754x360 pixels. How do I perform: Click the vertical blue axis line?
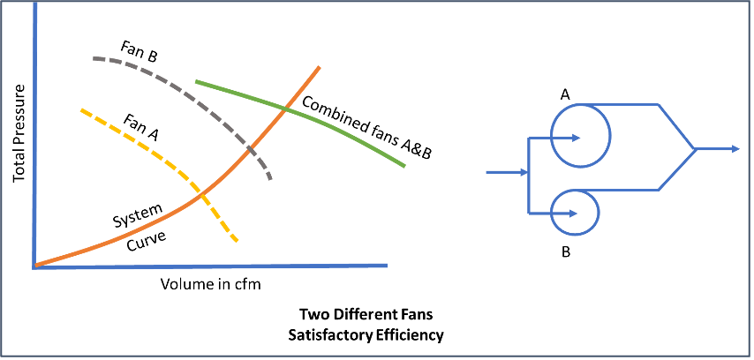point(34,132)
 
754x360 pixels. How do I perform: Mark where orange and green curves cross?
point(287,109)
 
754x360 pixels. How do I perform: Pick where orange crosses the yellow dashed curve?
point(202,194)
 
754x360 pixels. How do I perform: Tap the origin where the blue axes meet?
point(34,266)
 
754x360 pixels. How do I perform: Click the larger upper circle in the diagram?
point(581,135)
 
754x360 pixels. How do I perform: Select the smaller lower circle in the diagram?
point(575,213)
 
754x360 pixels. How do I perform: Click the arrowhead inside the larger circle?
point(575,138)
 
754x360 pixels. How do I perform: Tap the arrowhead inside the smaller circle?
point(573,214)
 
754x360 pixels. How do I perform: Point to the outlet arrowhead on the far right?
point(735,149)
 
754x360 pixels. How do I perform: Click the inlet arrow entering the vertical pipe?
point(508,172)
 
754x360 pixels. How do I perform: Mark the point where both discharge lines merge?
point(695,149)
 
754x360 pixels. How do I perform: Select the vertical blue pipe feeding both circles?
point(528,176)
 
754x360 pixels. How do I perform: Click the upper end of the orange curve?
point(319,67)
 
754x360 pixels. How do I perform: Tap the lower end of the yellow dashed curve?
point(237,240)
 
